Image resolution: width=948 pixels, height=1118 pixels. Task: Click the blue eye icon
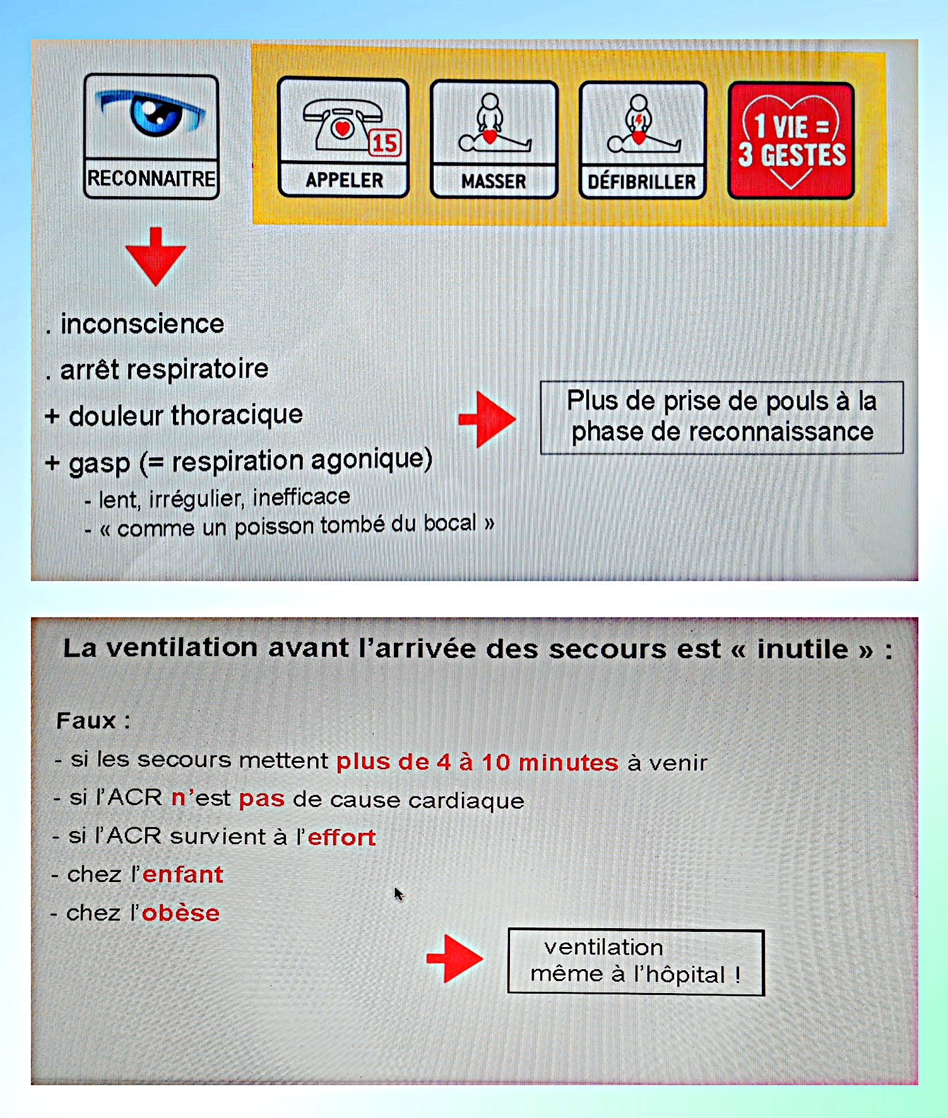[152, 113]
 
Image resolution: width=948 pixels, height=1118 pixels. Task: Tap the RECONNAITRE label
[151, 179]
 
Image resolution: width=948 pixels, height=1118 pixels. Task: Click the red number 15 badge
[384, 143]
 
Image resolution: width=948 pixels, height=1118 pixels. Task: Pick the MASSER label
[494, 182]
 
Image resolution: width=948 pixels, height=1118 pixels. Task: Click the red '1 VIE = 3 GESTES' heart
[791, 141]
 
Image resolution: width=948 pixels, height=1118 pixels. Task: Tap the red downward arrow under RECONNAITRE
[155, 256]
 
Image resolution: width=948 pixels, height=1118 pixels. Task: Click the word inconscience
[142, 324]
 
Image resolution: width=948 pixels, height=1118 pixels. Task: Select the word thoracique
[237, 415]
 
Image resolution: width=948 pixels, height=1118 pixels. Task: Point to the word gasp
[99, 463]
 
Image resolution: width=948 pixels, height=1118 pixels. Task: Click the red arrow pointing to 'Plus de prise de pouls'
[487, 419]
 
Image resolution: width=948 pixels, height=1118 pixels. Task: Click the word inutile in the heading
[802, 649]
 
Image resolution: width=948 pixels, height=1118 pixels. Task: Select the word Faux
[86, 721]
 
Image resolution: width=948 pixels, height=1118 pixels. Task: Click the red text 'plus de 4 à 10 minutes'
[477, 762]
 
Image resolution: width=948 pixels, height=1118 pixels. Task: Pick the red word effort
[341, 837]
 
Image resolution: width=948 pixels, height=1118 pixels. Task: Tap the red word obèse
[181, 913]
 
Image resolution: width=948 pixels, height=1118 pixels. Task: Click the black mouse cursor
[398, 894]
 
